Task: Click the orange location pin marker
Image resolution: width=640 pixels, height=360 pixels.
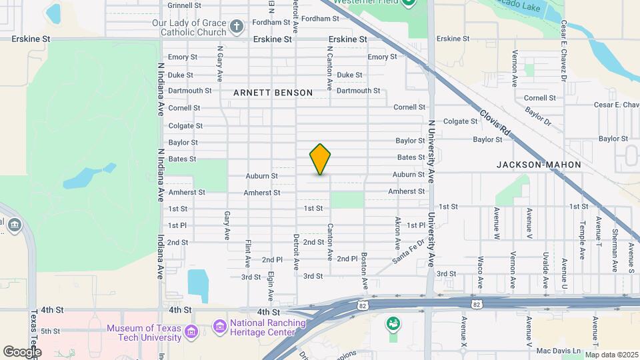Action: coord(320,159)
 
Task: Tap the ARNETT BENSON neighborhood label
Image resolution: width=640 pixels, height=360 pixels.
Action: coord(273,93)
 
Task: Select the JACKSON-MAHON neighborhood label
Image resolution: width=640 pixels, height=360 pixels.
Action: coord(539,164)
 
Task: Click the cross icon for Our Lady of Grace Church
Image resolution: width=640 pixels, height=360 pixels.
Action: coord(235,27)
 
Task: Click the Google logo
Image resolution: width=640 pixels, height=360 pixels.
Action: coord(22,351)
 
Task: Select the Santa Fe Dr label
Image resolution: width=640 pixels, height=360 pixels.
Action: coord(407,252)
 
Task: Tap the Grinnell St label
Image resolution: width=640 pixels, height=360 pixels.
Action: coord(185,5)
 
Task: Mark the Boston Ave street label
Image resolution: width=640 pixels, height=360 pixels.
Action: coord(365,270)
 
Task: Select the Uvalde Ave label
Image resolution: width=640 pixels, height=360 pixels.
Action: coord(545,264)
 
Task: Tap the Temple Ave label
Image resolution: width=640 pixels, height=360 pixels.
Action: coord(582,239)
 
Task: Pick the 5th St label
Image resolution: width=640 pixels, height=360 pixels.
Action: coord(50,331)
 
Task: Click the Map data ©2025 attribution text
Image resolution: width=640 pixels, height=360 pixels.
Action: coord(610,355)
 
